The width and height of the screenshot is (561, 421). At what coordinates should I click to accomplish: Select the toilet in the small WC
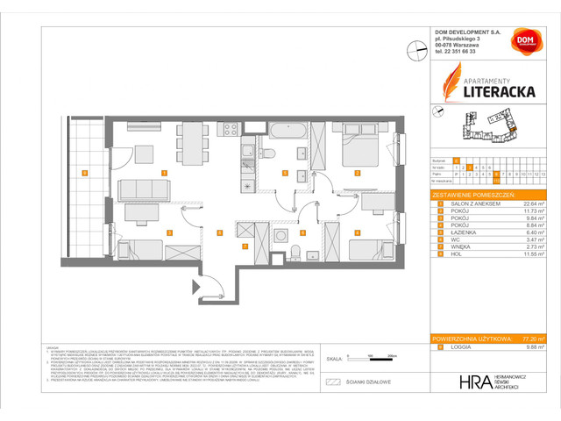(x=297, y=253)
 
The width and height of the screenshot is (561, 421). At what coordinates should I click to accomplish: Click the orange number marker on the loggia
(x=83, y=173)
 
